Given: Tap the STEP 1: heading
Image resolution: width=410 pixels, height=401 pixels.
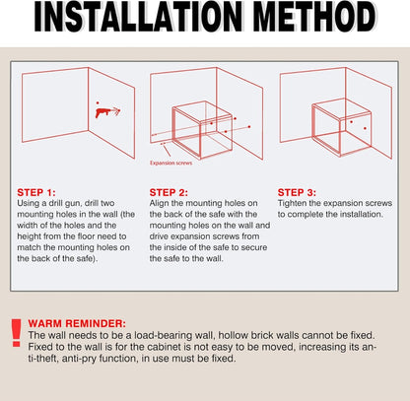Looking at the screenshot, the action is coord(36,192).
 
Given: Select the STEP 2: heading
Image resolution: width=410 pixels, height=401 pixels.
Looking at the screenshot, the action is coord(169,192).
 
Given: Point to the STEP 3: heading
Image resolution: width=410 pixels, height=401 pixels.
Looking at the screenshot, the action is coord(297,192).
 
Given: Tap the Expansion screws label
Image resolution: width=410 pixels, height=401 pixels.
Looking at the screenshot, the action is coord(171,163).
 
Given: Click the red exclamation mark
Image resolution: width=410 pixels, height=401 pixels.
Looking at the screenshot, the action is coord(16,332).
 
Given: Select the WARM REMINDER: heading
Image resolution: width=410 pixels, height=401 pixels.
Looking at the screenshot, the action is coord(77,323).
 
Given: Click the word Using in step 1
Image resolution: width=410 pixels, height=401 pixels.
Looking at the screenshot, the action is coord(28,203).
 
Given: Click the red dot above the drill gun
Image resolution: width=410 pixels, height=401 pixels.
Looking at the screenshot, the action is coord(98,102).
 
